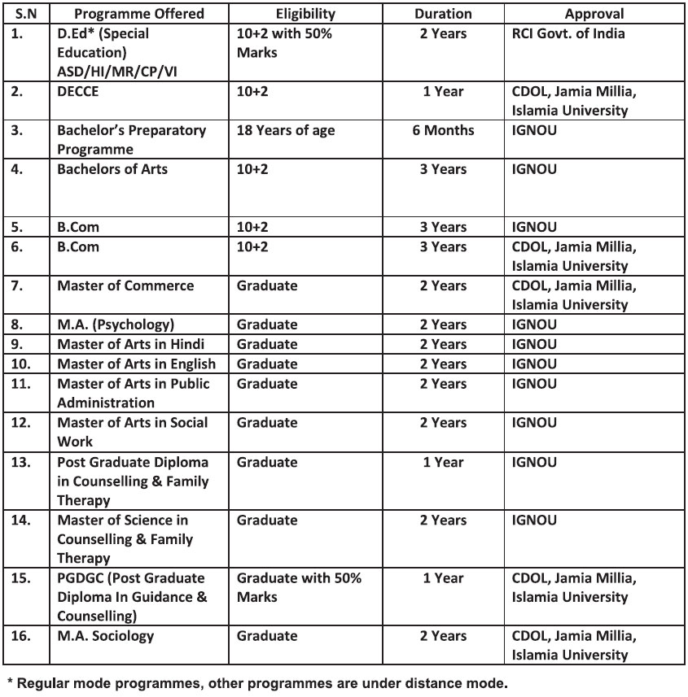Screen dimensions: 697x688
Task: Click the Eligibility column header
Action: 305,14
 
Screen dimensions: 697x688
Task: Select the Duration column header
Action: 443,14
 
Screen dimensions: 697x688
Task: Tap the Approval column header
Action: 594,14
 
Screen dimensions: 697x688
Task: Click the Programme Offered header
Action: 138,14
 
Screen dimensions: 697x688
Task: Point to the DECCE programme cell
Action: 78,92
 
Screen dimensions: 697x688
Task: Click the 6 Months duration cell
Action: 443,131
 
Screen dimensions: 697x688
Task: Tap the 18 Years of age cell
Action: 285,131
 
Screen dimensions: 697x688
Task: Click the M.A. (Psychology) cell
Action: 116,325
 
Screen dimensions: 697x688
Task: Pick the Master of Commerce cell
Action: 125,286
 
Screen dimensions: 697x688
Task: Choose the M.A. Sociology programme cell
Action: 106,636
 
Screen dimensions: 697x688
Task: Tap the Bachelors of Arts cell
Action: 112,170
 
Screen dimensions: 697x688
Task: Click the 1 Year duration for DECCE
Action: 443,92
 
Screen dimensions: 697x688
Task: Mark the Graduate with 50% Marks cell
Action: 299,587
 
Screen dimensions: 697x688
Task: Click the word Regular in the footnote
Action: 44,683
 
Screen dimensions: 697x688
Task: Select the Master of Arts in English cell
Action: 137,364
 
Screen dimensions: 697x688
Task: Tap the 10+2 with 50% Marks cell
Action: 284,43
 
